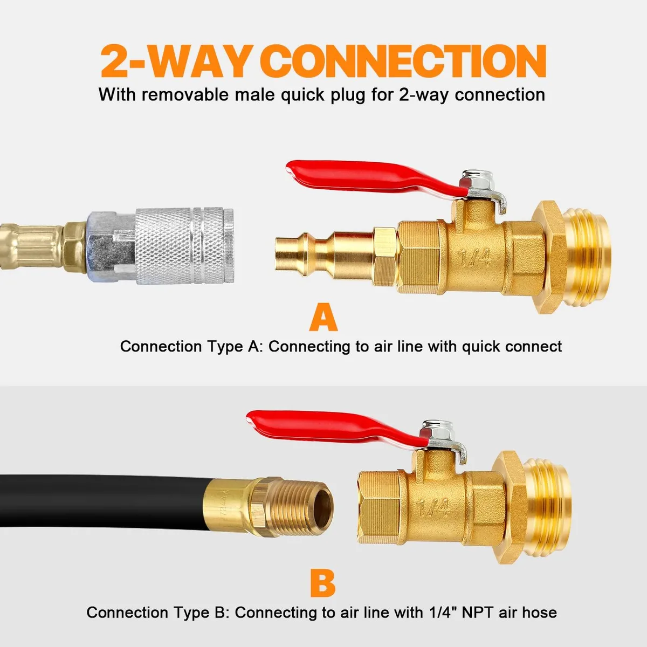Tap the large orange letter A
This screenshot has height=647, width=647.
[323, 317]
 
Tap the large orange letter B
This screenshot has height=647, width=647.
[322, 582]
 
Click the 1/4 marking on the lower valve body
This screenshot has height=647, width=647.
[433, 507]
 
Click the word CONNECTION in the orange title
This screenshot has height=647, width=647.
[407, 61]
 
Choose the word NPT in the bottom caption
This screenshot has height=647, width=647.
[478, 612]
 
